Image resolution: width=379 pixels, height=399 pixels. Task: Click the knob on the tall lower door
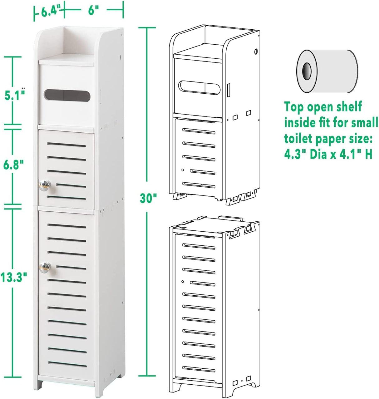(x=44, y=266)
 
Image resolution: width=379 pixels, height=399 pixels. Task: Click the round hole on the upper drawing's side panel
(x=256, y=50)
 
